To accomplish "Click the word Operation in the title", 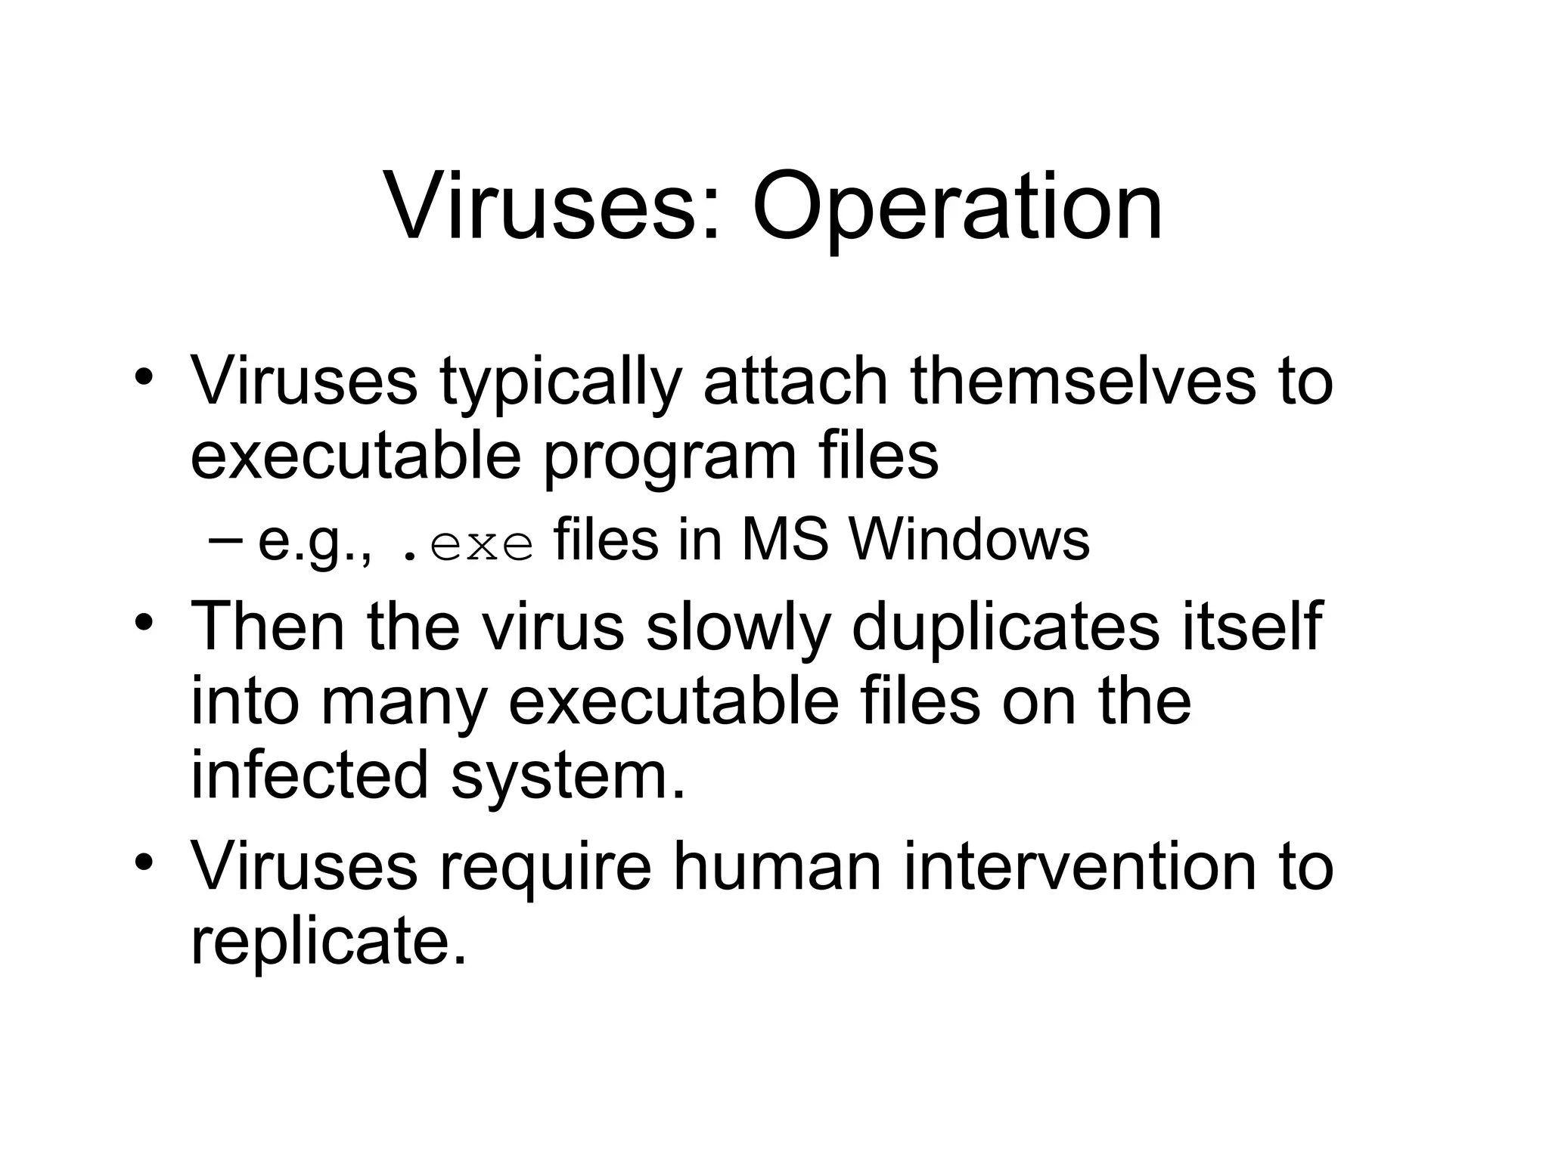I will point(957,206).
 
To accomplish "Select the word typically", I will point(560,382).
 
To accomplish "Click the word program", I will point(669,458).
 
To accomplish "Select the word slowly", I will point(738,627).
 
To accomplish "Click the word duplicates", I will point(1005,627).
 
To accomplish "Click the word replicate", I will point(327,942).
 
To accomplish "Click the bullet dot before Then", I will point(144,624).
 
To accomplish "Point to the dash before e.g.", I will point(224,540).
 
